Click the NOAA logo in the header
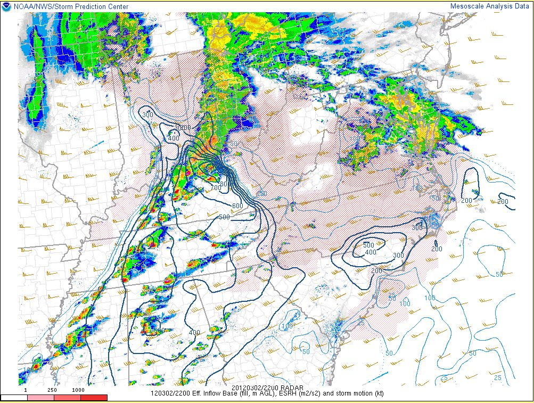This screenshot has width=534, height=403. [6, 6]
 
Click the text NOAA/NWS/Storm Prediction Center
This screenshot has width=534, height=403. [68, 6]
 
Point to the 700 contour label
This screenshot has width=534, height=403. [216, 187]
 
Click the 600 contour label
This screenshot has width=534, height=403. [237, 205]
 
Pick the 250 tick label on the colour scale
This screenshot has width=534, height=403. [52, 390]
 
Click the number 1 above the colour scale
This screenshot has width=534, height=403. [26, 390]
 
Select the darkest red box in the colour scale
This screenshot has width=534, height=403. [94, 397]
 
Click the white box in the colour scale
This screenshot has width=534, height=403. [14, 397]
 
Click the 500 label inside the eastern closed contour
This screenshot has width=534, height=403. [368, 245]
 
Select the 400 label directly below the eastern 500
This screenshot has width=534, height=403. [371, 252]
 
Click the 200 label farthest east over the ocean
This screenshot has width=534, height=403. [503, 201]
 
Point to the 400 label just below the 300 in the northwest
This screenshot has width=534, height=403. [174, 138]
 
